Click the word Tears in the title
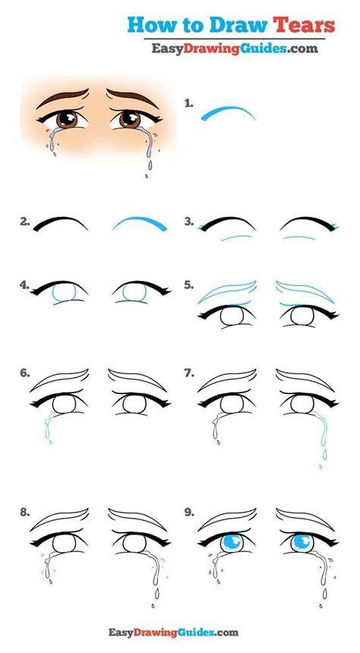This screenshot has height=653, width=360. (304, 25)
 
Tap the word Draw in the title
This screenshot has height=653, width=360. (238, 25)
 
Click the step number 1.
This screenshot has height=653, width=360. (189, 104)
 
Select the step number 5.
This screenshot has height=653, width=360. (189, 285)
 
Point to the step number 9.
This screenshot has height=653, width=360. (189, 513)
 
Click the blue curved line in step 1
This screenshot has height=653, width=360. (228, 112)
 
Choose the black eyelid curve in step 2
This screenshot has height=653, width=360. (61, 222)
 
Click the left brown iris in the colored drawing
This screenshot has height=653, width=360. (67, 119)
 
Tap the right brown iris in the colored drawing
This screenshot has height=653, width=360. (130, 119)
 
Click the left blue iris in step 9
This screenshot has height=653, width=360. (232, 543)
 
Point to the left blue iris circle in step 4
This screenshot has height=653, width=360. (64, 292)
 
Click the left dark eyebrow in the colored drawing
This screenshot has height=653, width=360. (62, 97)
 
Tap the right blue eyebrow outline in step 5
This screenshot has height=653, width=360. (306, 291)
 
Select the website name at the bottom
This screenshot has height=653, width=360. (173, 632)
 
